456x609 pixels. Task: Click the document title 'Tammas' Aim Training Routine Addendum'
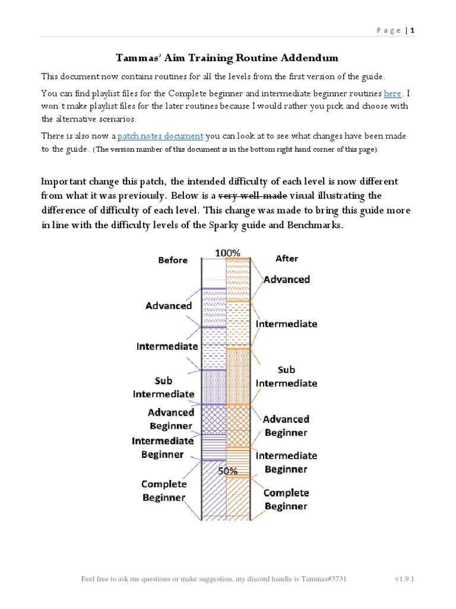coord(227,58)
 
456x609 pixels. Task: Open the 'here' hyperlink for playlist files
coord(392,93)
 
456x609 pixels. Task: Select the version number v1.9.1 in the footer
coord(404,579)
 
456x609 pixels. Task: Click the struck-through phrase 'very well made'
coord(253,196)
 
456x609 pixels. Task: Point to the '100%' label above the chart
coord(227,253)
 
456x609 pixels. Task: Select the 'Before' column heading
coord(173,260)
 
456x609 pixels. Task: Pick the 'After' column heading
coord(287,259)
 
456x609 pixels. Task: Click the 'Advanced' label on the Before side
coord(169,306)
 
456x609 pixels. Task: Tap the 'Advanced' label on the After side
coord(287,280)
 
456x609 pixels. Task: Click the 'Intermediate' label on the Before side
coord(167,346)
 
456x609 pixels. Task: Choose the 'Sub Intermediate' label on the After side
coord(286,376)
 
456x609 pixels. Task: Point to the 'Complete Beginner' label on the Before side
coord(164,491)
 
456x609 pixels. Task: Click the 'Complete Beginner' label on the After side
coord(286,499)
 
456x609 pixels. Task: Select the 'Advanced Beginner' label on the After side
coord(286,426)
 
